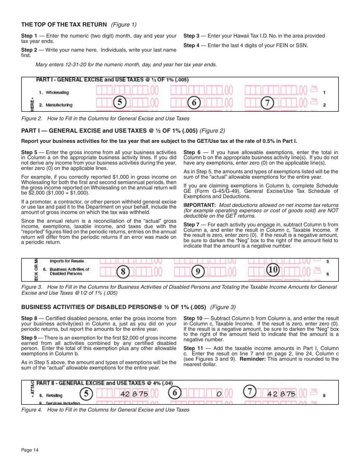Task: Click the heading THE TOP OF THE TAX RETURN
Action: [x=64, y=25]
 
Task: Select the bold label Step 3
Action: [x=191, y=36]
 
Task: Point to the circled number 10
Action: [x=272, y=270]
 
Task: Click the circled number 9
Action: [x=197, y=271]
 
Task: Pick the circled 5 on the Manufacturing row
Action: [x=119, y=103]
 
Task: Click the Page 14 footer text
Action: [x=30, y=450]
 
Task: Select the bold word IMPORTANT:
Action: [x=199, y=205]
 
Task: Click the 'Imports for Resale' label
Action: [x=67, y=261]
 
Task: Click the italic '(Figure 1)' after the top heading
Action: [x=124, y=25]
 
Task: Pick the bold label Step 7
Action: [x=191, y=225]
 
